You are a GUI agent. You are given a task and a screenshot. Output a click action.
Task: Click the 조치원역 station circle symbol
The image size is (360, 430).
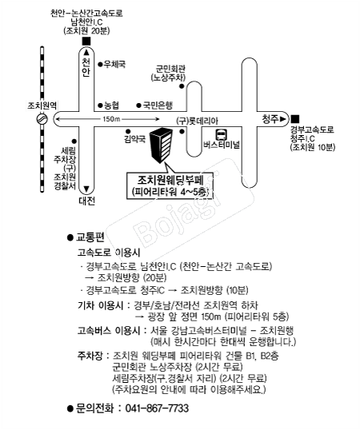42,119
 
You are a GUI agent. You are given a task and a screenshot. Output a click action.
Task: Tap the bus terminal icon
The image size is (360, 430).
221,134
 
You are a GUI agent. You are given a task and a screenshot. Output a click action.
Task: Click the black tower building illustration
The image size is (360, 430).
162,145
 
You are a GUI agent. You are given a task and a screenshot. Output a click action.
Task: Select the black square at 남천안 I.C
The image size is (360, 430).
86,41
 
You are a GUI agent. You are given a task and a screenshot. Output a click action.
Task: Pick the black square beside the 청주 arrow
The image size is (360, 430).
295,119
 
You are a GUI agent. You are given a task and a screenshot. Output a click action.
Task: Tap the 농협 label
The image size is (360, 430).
112,106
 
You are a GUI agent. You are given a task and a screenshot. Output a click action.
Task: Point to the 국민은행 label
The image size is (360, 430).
158,105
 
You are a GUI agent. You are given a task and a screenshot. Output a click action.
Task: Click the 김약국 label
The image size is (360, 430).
134,140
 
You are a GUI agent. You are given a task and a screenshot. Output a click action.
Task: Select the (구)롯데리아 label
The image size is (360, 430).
197,121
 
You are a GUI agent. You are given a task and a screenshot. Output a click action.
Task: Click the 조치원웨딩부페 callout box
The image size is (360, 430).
170,185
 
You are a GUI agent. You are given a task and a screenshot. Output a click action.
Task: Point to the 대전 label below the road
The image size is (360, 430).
86,201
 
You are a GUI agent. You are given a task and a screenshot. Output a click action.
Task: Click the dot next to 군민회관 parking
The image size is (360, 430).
182,86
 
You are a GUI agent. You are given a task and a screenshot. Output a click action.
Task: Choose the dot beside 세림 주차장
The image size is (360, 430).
74,141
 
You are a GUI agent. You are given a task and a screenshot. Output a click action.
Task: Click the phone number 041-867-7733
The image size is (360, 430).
157,408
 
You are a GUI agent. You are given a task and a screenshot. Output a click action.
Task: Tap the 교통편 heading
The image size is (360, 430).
90,237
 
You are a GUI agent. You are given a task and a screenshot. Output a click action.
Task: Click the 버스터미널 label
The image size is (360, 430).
222,145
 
